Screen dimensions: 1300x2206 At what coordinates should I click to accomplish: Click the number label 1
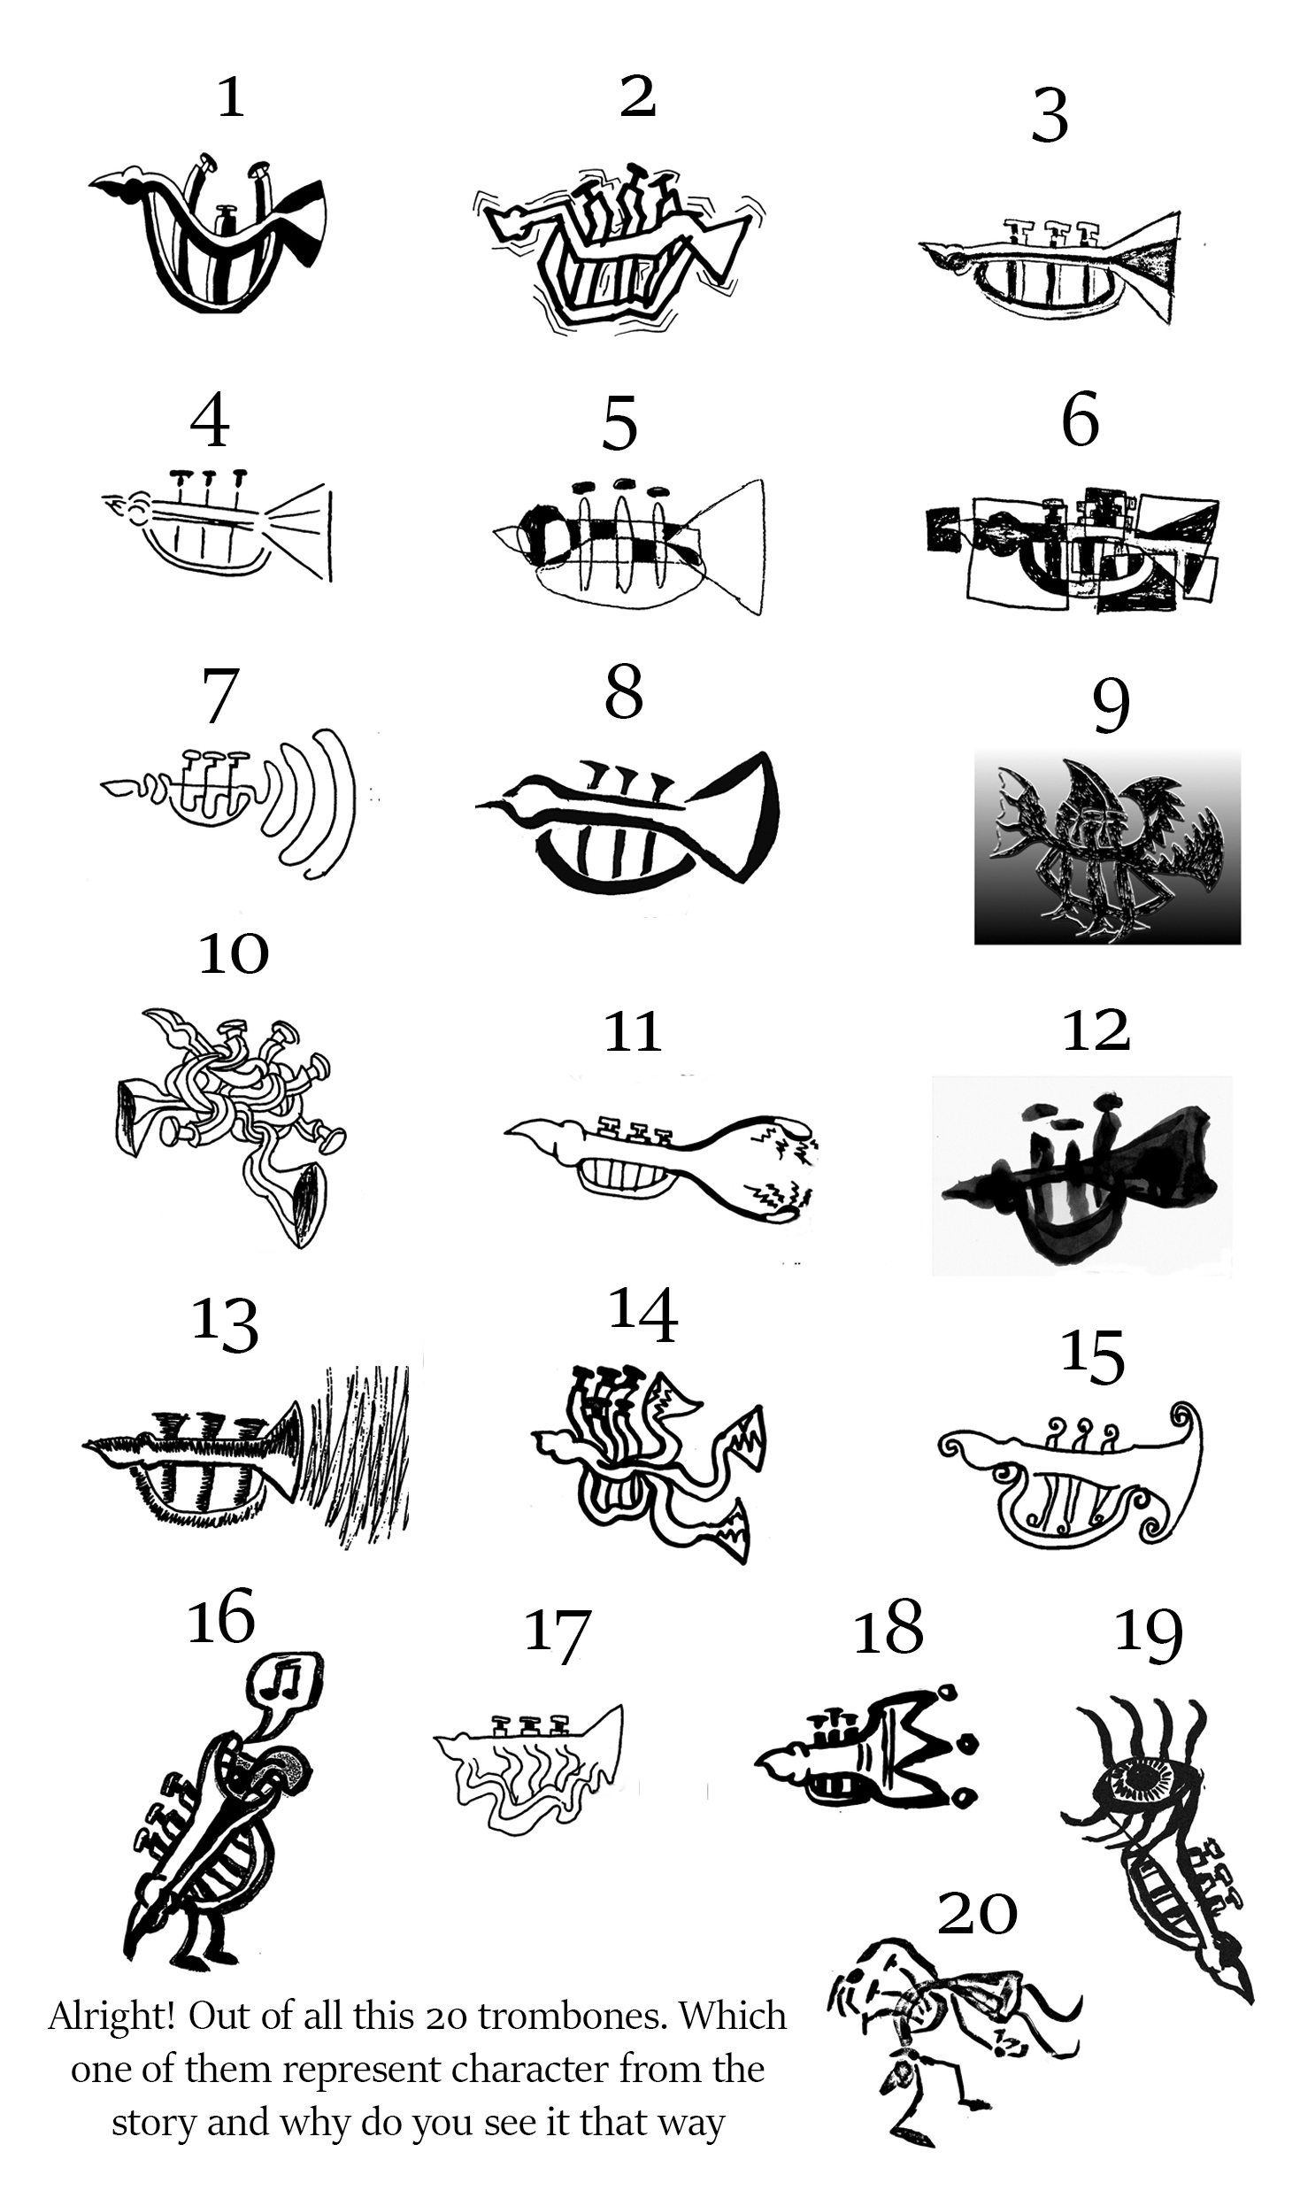pos(231,97)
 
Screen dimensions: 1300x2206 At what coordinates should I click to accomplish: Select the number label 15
pos(1093,1355)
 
